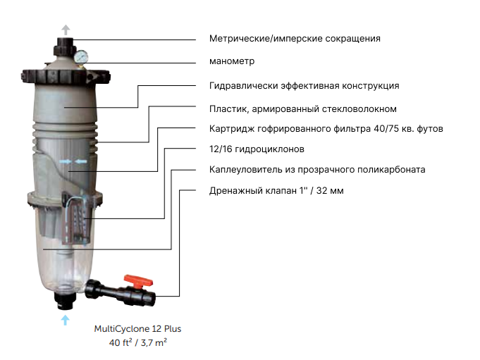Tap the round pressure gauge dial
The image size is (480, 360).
[81, 56]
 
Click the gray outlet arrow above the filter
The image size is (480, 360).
[66, 30]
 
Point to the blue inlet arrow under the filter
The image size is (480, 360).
[65, 320]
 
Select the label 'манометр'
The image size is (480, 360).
[232, 61]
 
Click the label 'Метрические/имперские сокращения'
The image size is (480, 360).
[295, 39]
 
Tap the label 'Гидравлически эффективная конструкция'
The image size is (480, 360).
[304, 86]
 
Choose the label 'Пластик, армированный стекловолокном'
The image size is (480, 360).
[303, 109]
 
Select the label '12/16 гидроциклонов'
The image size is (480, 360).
[257, 149]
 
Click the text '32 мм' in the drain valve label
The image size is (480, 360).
[330, 190]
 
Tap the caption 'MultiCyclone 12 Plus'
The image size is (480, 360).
[137, 329]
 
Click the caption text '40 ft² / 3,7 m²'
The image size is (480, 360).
[137, 342]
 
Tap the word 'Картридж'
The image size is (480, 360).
[231, 129]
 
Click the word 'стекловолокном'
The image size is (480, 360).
[360, 109]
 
